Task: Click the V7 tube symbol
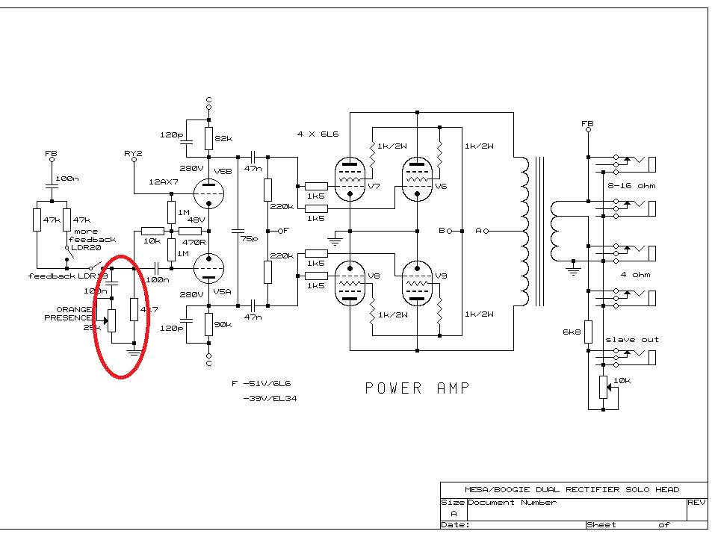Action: click(x=350, y=179)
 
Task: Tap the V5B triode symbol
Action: click(x=209, y=192)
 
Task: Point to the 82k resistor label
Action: click(x=223, y=139)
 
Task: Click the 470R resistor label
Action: click(x=196, y=242)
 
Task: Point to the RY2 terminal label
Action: click(x=133, y=153)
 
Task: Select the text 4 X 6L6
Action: click(x=318, y=134)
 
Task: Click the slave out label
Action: click(x=631, y=339)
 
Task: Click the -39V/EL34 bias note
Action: click(x=267, y=398)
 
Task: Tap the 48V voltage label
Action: click(x=196, y=220)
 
